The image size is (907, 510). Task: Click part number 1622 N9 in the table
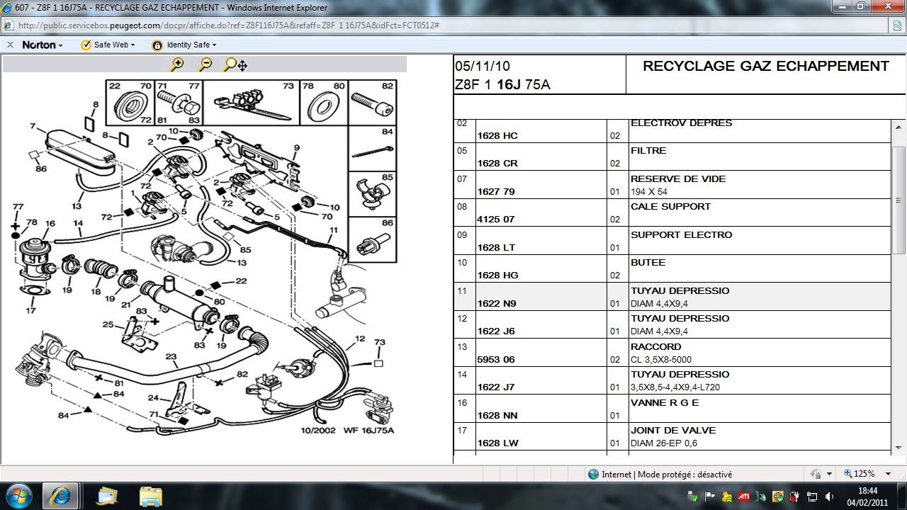(497, 304)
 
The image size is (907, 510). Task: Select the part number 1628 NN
(497, 415)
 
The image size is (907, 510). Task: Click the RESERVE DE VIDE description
(678, 179)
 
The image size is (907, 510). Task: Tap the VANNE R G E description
(665, 403)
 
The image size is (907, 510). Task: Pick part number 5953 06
(495, 359)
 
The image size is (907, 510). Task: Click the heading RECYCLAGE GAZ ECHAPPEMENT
(766, 66)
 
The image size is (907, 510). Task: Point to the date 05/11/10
(483, 66)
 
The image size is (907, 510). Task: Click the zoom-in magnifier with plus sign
(177, 64)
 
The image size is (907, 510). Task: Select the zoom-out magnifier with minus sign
(205, 64)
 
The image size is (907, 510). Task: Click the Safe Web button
(108, 45)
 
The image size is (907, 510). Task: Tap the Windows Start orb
(19, 496)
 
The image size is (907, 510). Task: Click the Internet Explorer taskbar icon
(61, 496)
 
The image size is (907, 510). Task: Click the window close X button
(888, 6)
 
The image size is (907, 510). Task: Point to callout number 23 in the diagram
(171, 356)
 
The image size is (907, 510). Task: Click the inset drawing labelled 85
(372, 194)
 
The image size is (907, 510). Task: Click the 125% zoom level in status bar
(864, 474)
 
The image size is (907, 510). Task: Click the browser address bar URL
(229, 25)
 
